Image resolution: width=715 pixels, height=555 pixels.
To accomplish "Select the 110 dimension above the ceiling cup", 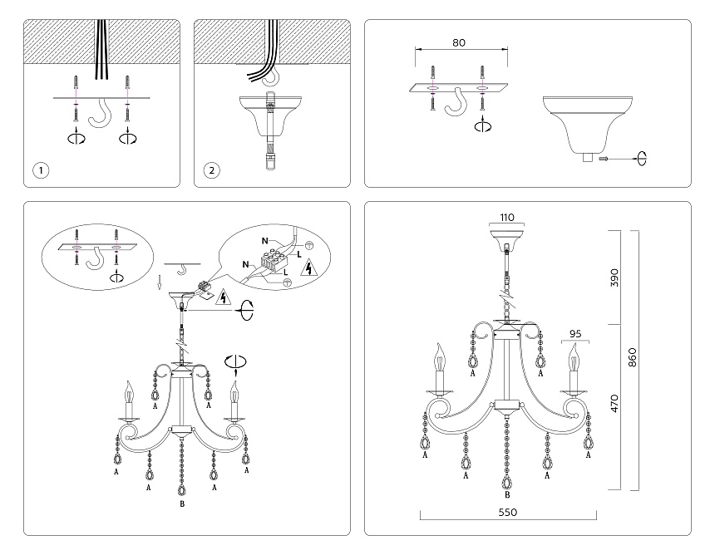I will coord(506,218).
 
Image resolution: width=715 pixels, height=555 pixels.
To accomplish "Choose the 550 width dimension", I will coord(507,513).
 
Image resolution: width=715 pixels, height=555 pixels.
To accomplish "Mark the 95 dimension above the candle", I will coord(574,334).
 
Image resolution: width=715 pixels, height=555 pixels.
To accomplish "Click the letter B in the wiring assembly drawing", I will coord(182,504).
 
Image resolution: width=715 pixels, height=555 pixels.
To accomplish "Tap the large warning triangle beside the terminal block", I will coord(309,268).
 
